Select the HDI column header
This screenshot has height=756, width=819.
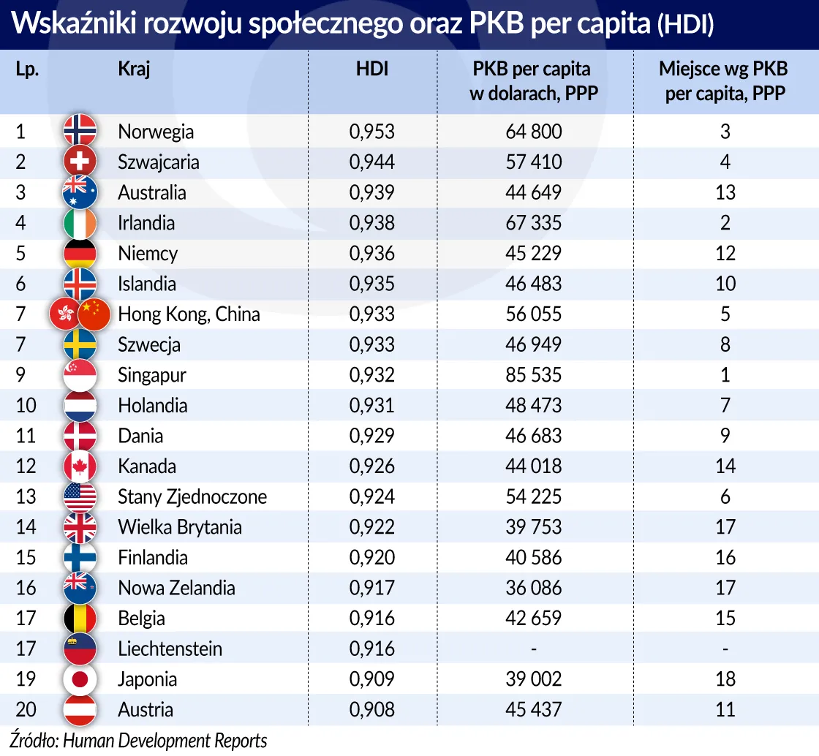coord(371,69)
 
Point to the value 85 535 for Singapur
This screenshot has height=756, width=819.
coord(533,375)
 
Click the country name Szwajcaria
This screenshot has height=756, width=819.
coord(158,162)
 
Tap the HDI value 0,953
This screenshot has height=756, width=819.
coord(371,132)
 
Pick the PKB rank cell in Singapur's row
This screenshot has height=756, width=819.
coord(725,375)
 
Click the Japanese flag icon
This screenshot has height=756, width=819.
coord(80,679)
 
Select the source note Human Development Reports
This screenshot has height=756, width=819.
coord(165,740)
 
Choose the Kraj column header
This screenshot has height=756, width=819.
coord(134,69)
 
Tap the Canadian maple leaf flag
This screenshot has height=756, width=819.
coord(80,466)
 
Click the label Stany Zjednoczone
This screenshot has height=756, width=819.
coord(192,497)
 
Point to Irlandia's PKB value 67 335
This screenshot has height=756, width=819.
coord(533,223)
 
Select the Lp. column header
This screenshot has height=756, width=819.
coord(27,69)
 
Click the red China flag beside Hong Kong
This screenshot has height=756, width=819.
coord(94,314)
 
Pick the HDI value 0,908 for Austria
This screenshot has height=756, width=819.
coord(371,710)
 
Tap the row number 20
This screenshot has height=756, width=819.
coord(26,710)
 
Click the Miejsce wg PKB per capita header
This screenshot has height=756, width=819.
coord(724,81)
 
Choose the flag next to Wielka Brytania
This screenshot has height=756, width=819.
coord(80,527)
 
